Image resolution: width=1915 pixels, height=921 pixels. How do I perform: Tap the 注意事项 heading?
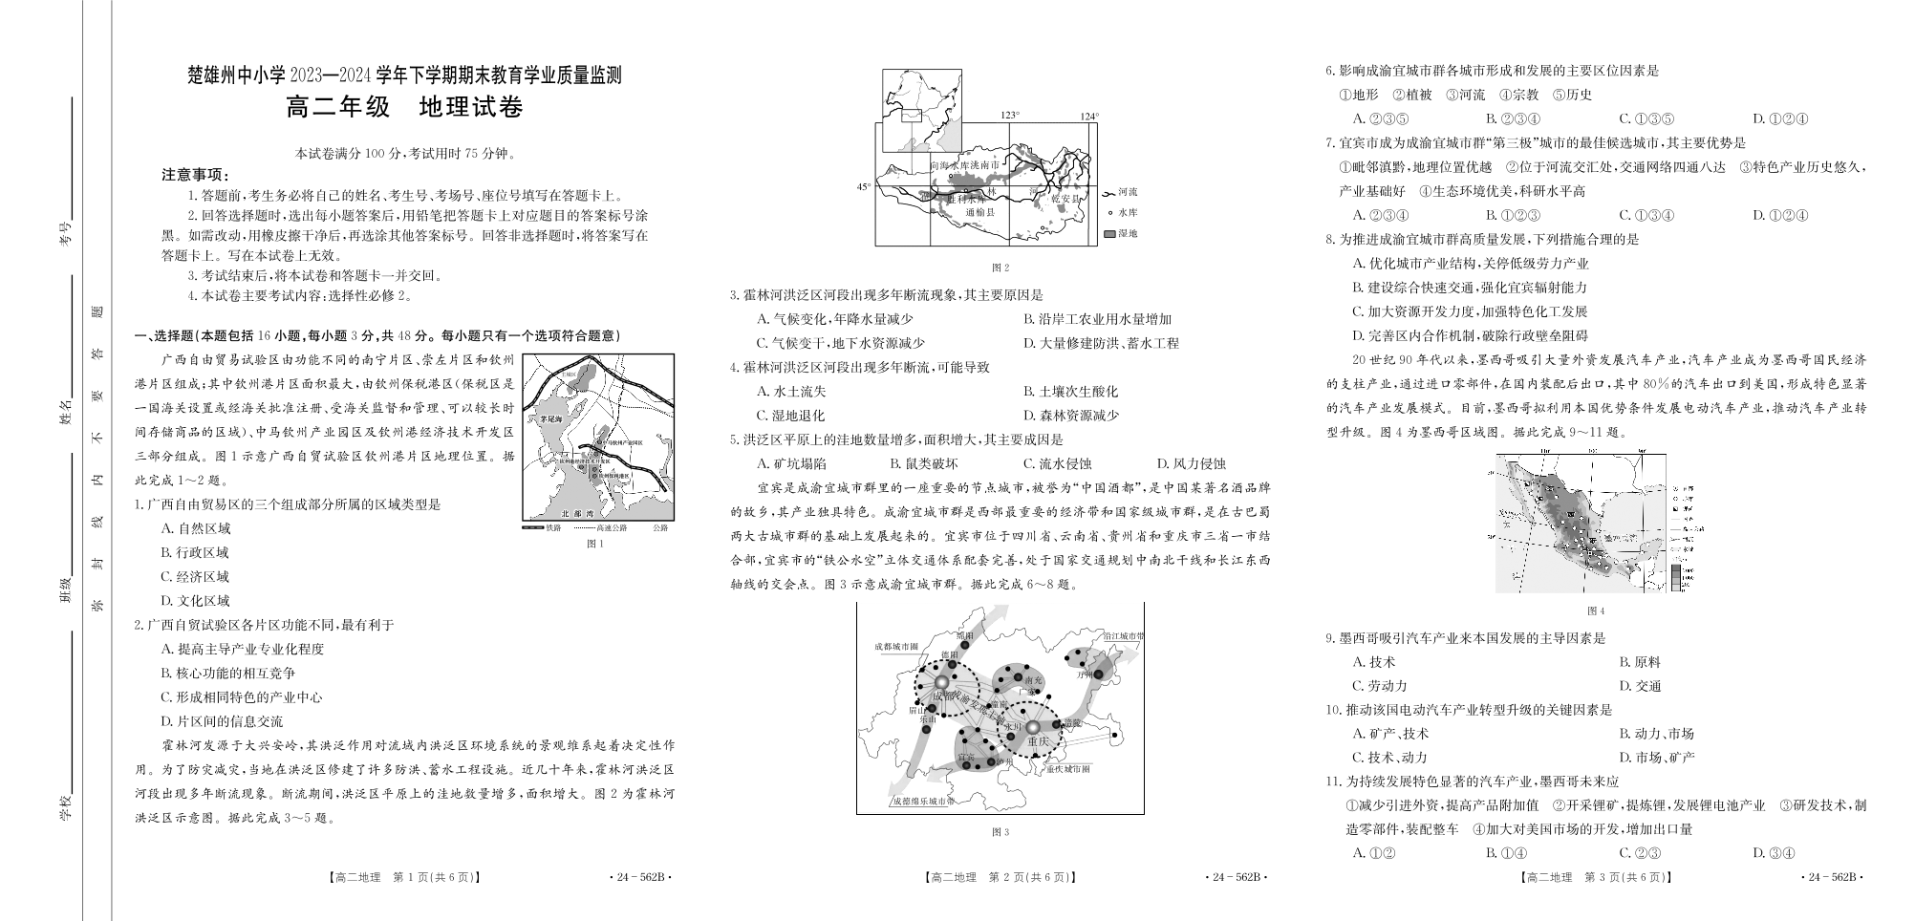pos(195,175)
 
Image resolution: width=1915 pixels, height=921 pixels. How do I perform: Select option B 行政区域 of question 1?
pos(196,552)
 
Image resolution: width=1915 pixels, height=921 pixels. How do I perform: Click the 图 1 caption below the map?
pos(595,544)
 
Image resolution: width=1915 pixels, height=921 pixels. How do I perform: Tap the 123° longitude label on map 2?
pos(1010,116)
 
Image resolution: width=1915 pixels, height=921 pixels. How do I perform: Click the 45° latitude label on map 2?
pos(863,187)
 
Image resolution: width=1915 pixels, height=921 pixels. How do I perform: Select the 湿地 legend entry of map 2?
pos(1120,233)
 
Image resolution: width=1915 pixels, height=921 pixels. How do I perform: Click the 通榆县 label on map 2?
pos(979,212)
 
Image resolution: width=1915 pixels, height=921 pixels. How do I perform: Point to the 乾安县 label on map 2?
pos(1065,200)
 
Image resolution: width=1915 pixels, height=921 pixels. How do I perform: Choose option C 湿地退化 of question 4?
pos(790,416)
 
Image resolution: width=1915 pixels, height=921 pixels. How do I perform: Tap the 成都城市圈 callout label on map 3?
pos(895,647)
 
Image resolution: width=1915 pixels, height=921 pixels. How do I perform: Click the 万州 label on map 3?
pos(1084,674)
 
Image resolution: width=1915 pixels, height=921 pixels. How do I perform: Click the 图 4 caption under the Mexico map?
pos(1595,610)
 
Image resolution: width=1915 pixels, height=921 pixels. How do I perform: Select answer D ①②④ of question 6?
pos(1780,119)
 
